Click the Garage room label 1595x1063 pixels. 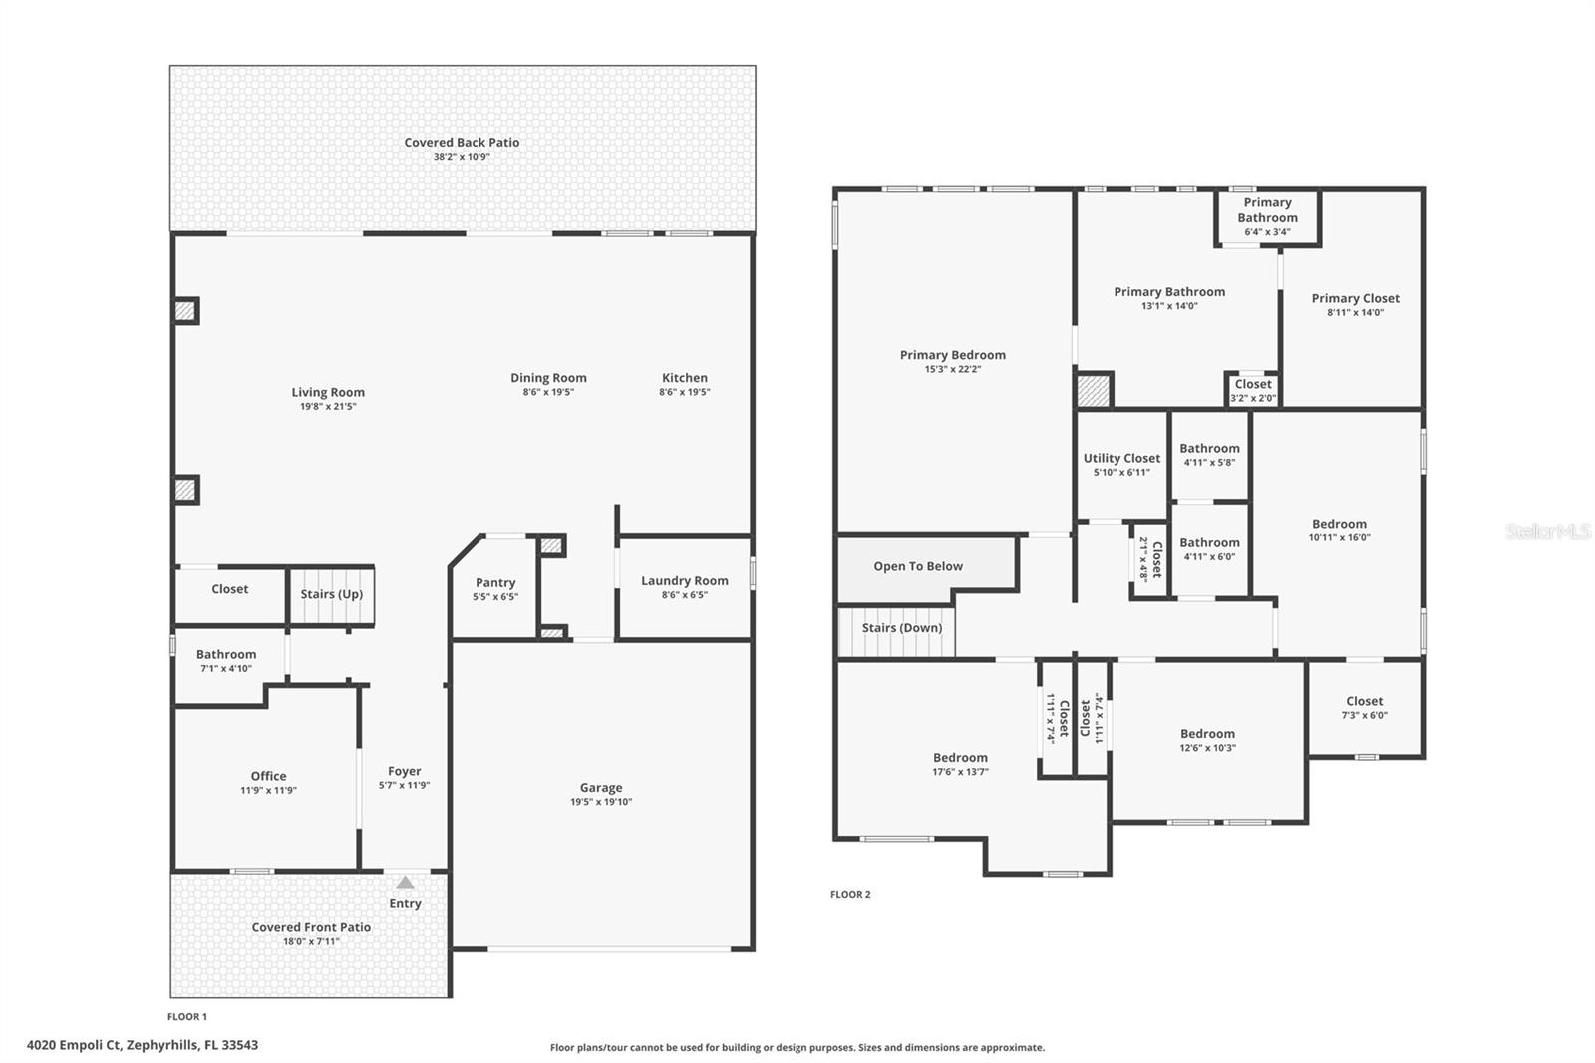pyautogui.click(x=601, y=788)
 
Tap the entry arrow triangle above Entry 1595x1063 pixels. pyautogui.click(x=405, y=883)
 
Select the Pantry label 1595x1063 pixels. pyautogui.click(x=495, y=583)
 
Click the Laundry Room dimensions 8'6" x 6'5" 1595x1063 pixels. pyautogui.click(x=684, y=595)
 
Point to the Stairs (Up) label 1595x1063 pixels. pyautogui.click(x=331, y=594)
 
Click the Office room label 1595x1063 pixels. pyautogui.click(x=268, y=776)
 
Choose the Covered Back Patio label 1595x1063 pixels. pyautogui.click(x=462, y=143)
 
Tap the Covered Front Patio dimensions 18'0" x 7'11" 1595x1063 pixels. pyautogui.click(x=311, y=941)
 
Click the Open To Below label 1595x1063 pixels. pyautogui.click(x=918, y=566)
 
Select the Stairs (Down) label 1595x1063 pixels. pyautogui.click(x=901, y=628)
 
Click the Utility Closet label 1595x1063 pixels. pyautogui.click(x=1121, y=459)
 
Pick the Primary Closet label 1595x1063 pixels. pyautogui.click(x=1355, y=298)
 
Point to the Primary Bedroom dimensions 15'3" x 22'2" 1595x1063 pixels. pyautogui.click(x=952, y=369)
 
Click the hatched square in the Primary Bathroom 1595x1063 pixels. pyautogui.click(x=1094, y=390)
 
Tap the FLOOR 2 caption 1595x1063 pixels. pyautogui.click(x=850, y=895)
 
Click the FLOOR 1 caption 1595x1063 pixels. pyautogui.click(x=187, y=1017)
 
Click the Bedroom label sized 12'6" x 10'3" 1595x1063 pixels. pyautogui.click(x=1207, y=734)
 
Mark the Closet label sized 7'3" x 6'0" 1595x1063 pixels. pyautogui.click(x=1364, y=701)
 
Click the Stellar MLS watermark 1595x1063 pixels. pyautogui.click(x=1547, y=531)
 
